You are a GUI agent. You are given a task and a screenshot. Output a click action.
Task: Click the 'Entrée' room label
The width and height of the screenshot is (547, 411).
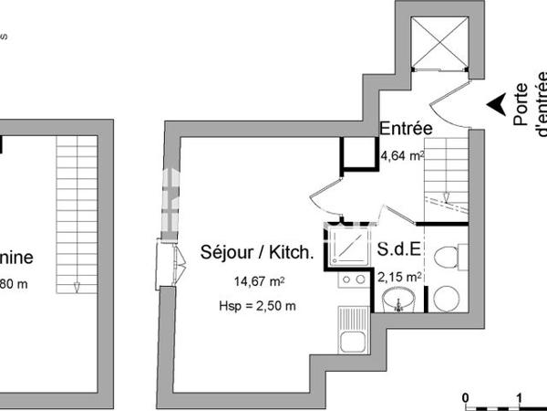[406, 129]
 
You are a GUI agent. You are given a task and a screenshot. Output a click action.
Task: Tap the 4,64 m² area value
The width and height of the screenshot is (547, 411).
[402, 156]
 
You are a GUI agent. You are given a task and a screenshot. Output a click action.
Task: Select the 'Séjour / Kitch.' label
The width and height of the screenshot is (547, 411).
[256, 253]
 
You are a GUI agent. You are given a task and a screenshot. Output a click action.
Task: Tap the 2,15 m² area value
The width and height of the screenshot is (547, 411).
[400, 276]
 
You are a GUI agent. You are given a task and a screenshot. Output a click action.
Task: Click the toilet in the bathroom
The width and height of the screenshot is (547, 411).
[446, 258]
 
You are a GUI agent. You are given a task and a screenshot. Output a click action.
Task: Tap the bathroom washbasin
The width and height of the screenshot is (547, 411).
[398, 299]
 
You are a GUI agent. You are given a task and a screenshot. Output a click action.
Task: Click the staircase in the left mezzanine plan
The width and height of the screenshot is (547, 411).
[77, 215]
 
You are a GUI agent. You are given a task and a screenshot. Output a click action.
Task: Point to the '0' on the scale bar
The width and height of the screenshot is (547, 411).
[465, 398]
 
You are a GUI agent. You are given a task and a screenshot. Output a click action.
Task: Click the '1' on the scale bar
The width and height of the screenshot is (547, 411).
[519, 398]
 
